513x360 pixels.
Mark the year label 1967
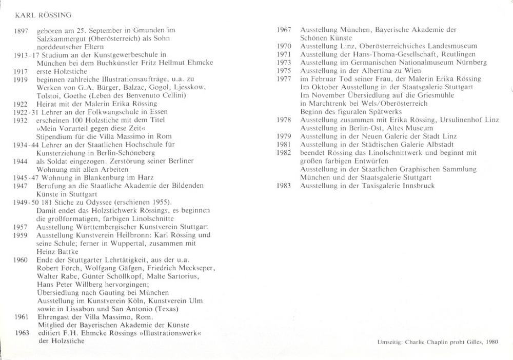coord(284,30)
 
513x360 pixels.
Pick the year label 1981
coord(284,144)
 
